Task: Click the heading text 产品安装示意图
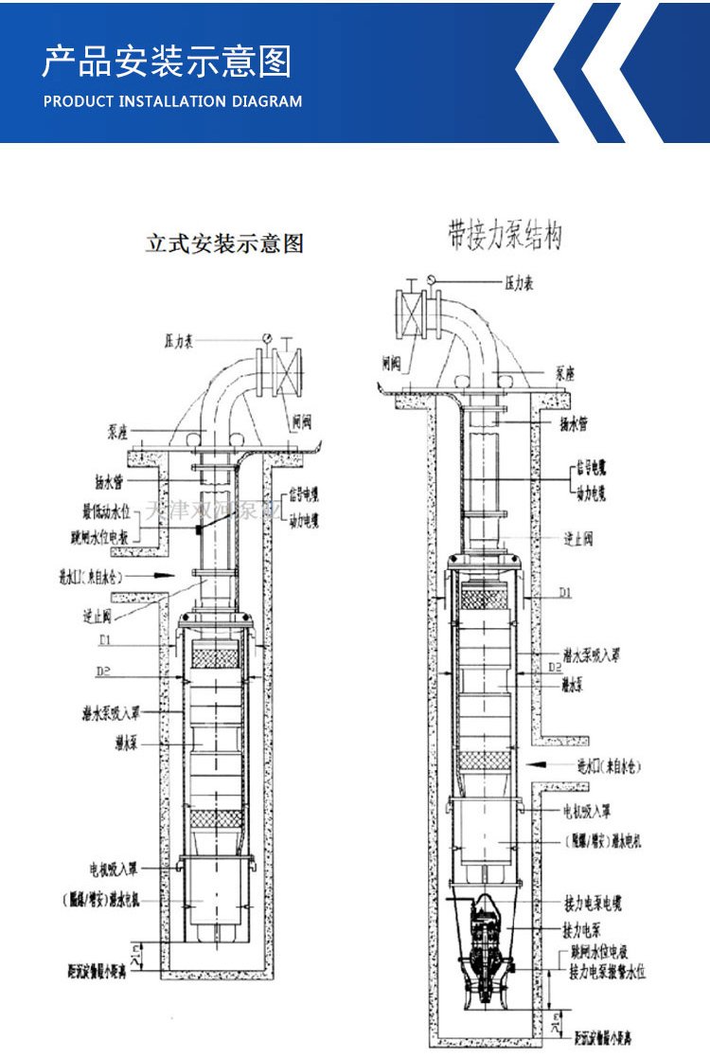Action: click(167, 62)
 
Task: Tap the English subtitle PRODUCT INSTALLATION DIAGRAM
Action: click(173, 101)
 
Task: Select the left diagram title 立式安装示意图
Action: click(223, 243)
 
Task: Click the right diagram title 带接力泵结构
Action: click(505, 234)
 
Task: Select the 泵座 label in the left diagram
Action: click(118, 432)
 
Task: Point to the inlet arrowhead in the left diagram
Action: click(163, 574)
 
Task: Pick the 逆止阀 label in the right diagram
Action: click(578, 538)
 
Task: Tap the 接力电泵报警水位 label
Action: click(607, 973)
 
